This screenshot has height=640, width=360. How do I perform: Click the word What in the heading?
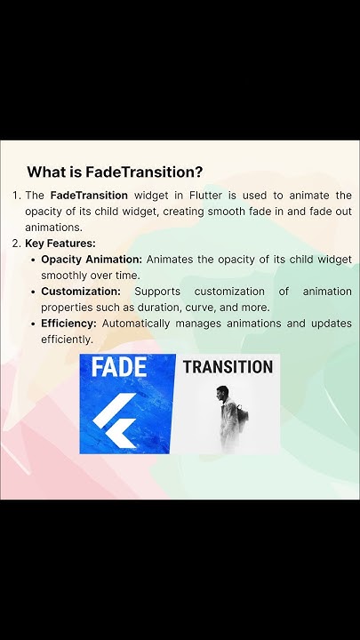46,172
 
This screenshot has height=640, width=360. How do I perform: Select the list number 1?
15,195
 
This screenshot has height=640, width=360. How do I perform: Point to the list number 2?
16,243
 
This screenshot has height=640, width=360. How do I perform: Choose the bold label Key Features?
60,243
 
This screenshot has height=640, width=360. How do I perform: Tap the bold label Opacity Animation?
92,259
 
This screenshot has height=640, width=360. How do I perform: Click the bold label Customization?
81,291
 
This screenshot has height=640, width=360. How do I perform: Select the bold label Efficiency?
69,323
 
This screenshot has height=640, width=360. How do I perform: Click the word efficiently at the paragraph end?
66,339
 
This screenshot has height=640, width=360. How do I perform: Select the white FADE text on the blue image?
118,367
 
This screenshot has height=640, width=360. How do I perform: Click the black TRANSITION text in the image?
228,366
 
